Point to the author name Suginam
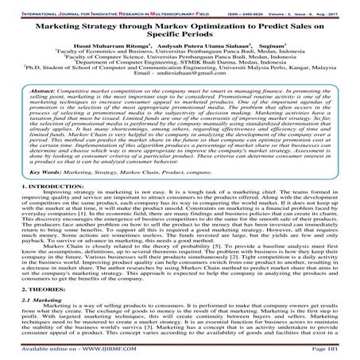click(x=265, y=47)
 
